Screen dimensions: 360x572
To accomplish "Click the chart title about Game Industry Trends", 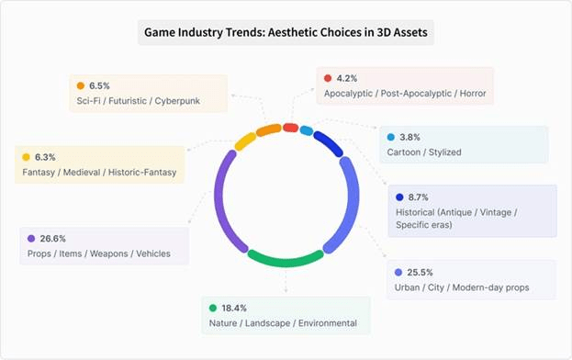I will point(286,34).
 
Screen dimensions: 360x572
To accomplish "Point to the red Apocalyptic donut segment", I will point(290,126).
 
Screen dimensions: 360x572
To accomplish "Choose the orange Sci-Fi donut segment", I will point(268,129).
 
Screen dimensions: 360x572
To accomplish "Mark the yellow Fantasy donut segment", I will point(245,141).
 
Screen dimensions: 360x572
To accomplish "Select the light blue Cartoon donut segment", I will point(307,129).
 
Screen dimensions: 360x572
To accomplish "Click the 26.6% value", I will point(52,238).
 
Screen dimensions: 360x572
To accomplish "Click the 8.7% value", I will point(420,197).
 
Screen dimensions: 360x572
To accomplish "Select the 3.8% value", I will point(410,137).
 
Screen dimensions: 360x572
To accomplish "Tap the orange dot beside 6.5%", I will point(81,85).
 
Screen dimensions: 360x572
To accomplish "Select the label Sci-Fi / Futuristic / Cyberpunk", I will point(138,100).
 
